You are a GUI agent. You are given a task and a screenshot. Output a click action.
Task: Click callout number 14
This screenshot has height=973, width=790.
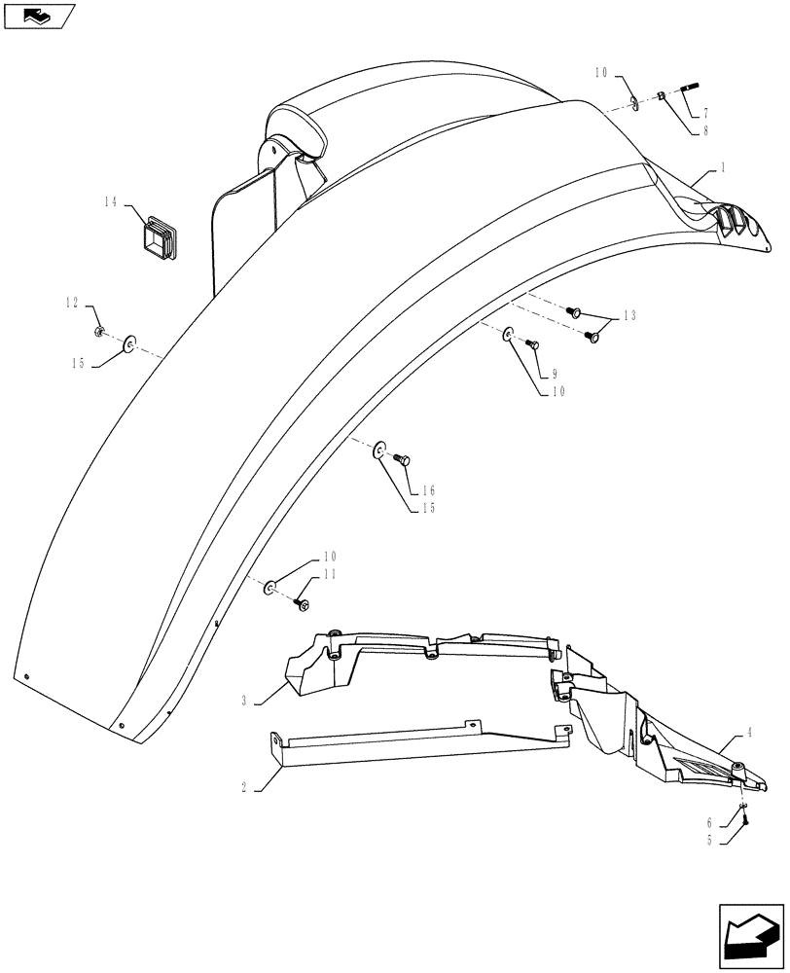click(110, 201)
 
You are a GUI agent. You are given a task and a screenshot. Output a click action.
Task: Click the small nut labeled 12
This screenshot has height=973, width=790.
click(100, 334)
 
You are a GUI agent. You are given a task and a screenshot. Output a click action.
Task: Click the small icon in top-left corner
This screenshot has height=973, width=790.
click(39, 15)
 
